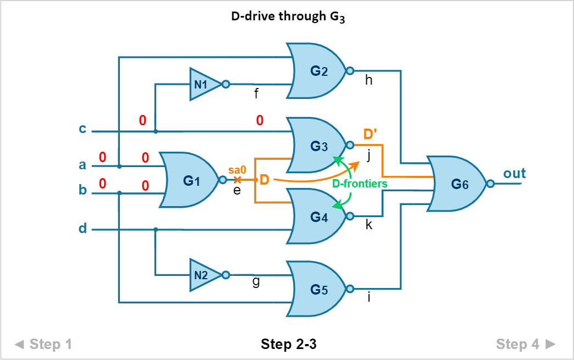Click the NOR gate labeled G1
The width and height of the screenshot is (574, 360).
tap(190, 180)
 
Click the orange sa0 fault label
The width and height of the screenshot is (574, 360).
tap(237, 170)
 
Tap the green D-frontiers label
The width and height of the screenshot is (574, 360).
tap(360, 184)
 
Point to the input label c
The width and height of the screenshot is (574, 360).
tap(82, 129)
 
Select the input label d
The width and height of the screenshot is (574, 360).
tap(82, 228)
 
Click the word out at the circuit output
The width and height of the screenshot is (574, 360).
tap(515, 174)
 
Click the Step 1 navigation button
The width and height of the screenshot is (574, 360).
tap(44, 345)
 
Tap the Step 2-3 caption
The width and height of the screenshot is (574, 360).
tap(288, 345)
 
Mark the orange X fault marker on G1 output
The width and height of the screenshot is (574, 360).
tap(238, 180)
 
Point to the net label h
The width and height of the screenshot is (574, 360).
tap(369, 80)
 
